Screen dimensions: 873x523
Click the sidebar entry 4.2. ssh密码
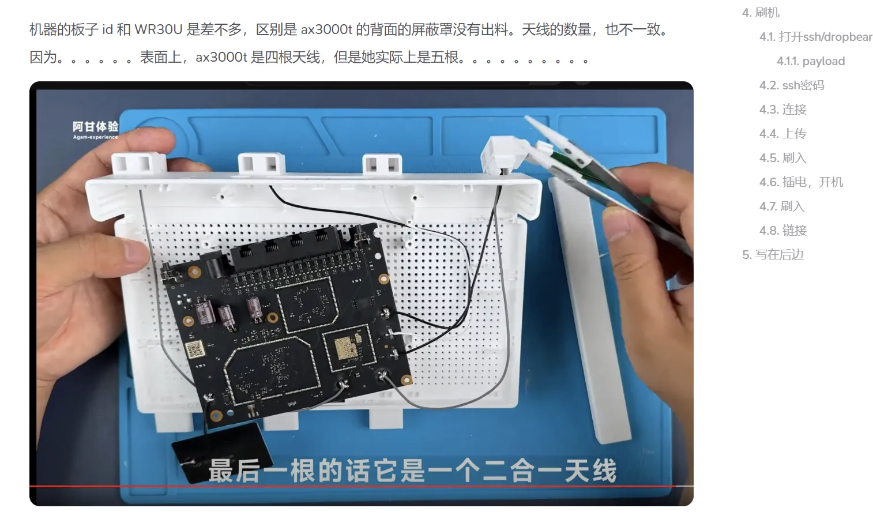(x=792, y=85)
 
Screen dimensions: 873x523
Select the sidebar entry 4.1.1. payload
(x=811, y=61)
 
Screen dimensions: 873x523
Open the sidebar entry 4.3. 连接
(x=782, y=110)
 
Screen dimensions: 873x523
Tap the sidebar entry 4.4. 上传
(x=782, y=134)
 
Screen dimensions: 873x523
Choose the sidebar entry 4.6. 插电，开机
(x=801, y=182)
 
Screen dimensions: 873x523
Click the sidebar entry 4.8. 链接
(x=782, y=230)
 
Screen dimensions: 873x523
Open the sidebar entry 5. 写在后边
(x=773, y=254)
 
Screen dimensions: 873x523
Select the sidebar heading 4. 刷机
(x=761, y=13)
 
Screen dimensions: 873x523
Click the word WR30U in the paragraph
(x=158, y=29)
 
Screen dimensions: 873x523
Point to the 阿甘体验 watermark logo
(x=96, y=130)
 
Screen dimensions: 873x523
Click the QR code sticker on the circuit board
(x=194, y=349)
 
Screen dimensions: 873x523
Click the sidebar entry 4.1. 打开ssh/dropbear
(x=816, y=37)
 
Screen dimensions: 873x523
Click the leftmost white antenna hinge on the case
(x=138, y=163)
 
